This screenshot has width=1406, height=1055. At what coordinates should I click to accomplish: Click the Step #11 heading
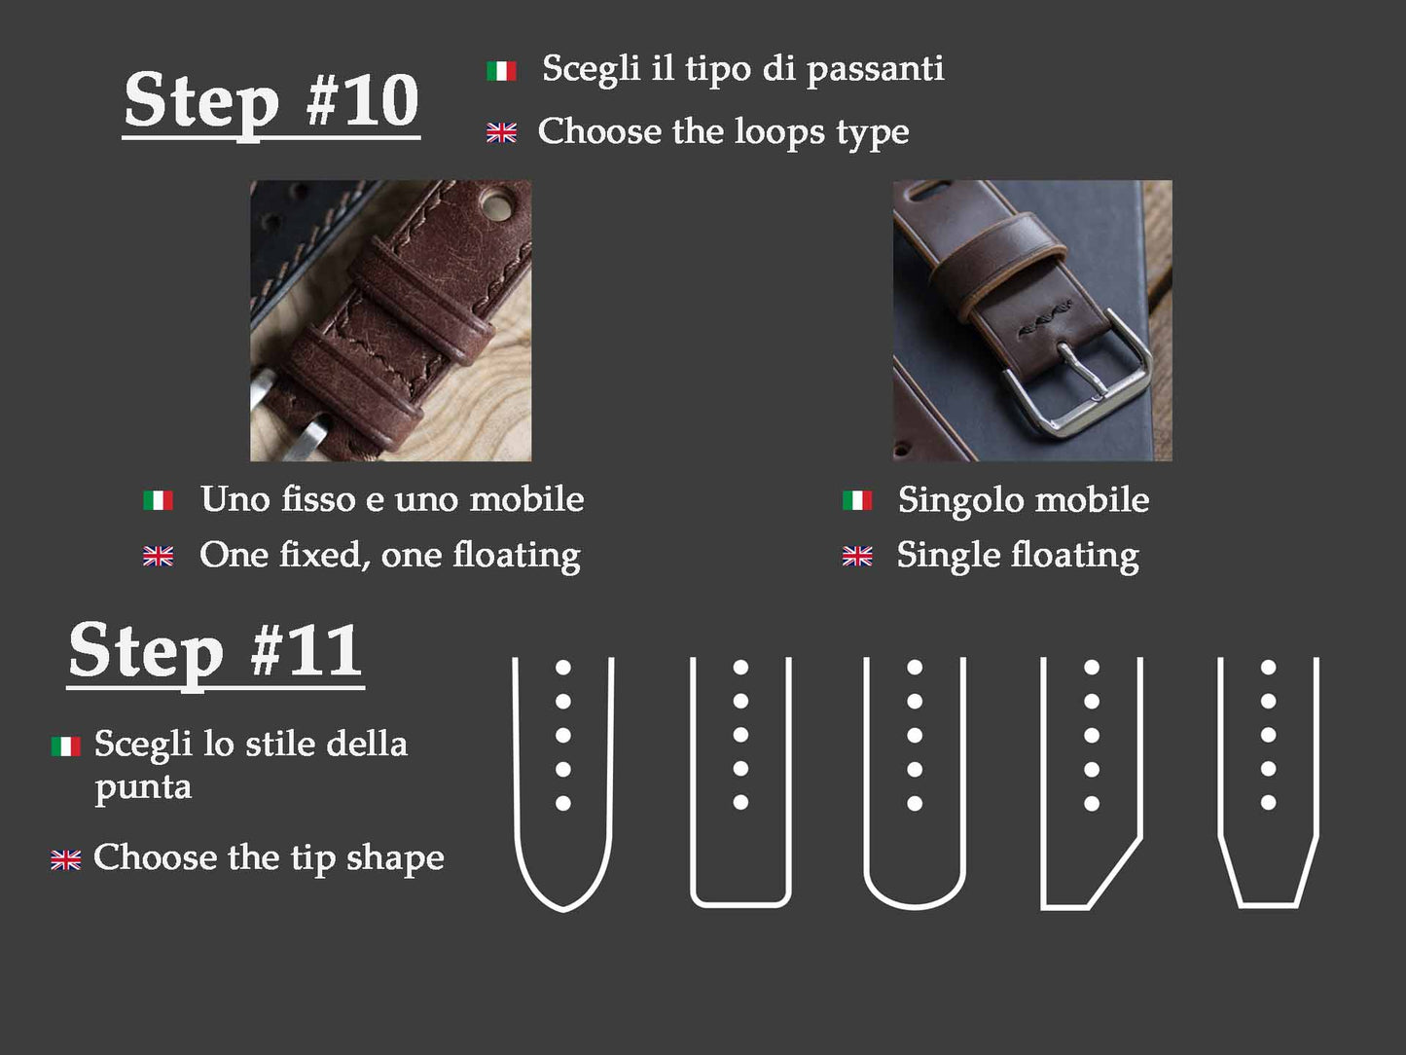(x=215, y=652)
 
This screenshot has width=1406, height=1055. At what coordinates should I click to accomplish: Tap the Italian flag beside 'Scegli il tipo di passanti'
(x=501, y=70)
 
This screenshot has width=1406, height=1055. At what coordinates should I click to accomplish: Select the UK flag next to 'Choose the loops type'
(x=501, y=132)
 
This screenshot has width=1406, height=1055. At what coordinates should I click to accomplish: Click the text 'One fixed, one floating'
(x=390, y=555)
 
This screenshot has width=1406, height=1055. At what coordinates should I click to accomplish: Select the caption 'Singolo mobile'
(x=1023, y=499)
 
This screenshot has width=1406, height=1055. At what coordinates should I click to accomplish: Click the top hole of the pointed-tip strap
(x=563, y=668)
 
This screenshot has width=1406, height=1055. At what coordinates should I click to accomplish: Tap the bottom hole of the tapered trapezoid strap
(x=1268, y=803)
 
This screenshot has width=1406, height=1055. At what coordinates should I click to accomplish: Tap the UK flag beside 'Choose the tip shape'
(x=66, y=859)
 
